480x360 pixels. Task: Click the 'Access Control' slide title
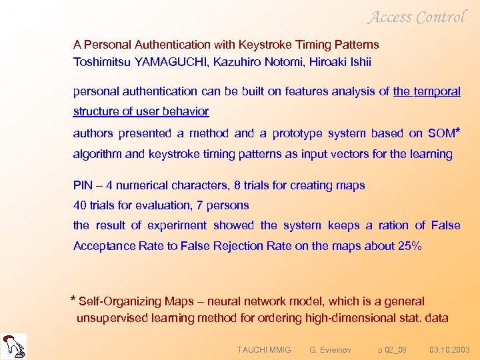(417, 17)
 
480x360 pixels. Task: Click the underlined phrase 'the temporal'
(427, 91)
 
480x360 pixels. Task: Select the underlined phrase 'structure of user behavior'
(141, 111)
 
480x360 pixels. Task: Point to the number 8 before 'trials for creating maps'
(239, 185)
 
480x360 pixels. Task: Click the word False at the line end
(445, 225)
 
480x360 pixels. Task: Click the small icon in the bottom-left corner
(14, 345)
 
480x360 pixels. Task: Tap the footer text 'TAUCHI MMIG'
(264, 349)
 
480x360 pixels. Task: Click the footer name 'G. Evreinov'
(331, 349)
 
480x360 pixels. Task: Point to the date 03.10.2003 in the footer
(449, 349)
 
